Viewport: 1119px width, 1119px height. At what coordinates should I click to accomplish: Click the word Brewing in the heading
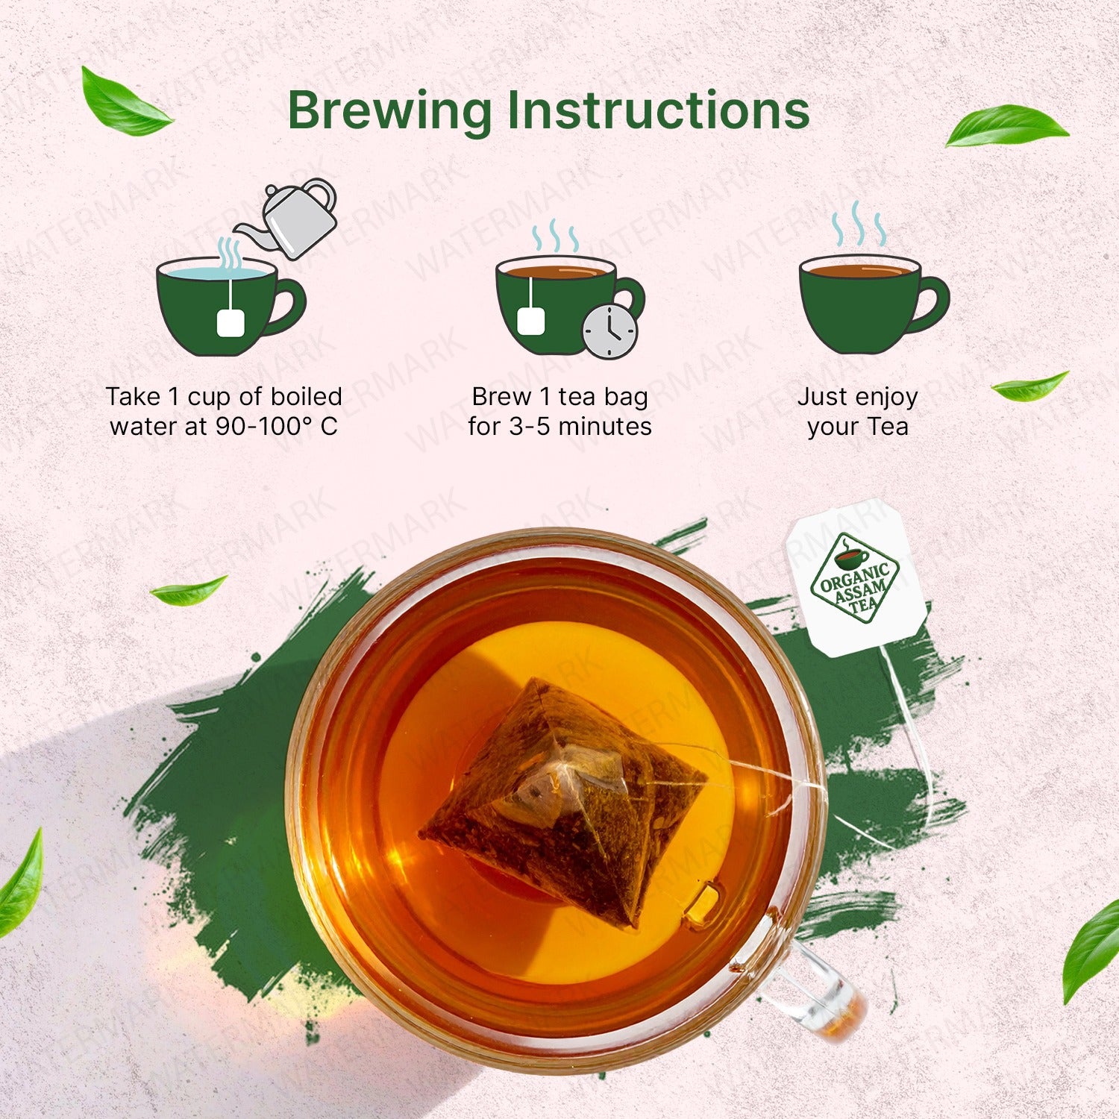(x=389, y=111)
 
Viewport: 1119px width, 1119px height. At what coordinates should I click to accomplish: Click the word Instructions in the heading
(x=659, y=110)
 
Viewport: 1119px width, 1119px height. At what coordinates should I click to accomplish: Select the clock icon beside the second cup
(x=609, y=331)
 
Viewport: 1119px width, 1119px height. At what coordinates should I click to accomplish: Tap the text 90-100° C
(x=277, y=427)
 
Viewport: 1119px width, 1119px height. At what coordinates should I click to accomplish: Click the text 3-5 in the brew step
(x=530, y=427)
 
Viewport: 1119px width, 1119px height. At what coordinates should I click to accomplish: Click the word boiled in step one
(x=306, y=396)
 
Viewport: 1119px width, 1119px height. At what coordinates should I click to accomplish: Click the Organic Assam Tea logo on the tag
(x=854, y=578)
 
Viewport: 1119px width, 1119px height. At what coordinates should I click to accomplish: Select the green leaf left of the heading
(x=124, y=104)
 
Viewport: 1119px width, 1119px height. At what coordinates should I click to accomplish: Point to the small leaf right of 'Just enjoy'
(x=1029, y=386)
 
